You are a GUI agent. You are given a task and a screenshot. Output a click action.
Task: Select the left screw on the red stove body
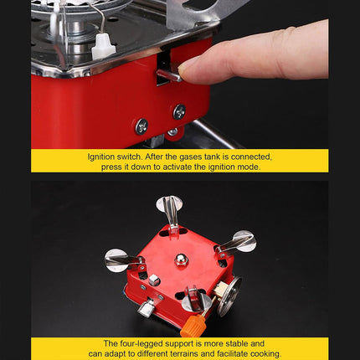point(141,125)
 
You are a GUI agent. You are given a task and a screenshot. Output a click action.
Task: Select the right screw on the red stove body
point(178,111)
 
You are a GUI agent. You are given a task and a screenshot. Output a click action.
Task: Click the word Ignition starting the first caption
point(103,157)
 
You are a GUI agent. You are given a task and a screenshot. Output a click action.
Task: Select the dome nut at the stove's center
point(180,260)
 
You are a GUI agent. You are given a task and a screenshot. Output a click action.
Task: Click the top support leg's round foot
point(168,203)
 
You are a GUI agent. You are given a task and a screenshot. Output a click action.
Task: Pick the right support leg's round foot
point(244,241)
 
